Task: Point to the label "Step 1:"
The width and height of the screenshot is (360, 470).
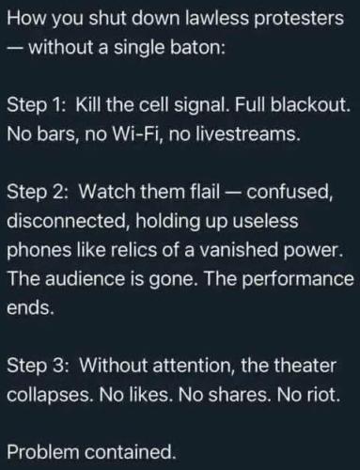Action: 37,105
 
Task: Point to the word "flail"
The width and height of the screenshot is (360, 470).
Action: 205,191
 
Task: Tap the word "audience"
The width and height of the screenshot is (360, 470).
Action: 86,278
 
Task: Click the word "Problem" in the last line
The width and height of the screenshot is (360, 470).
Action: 43,452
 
